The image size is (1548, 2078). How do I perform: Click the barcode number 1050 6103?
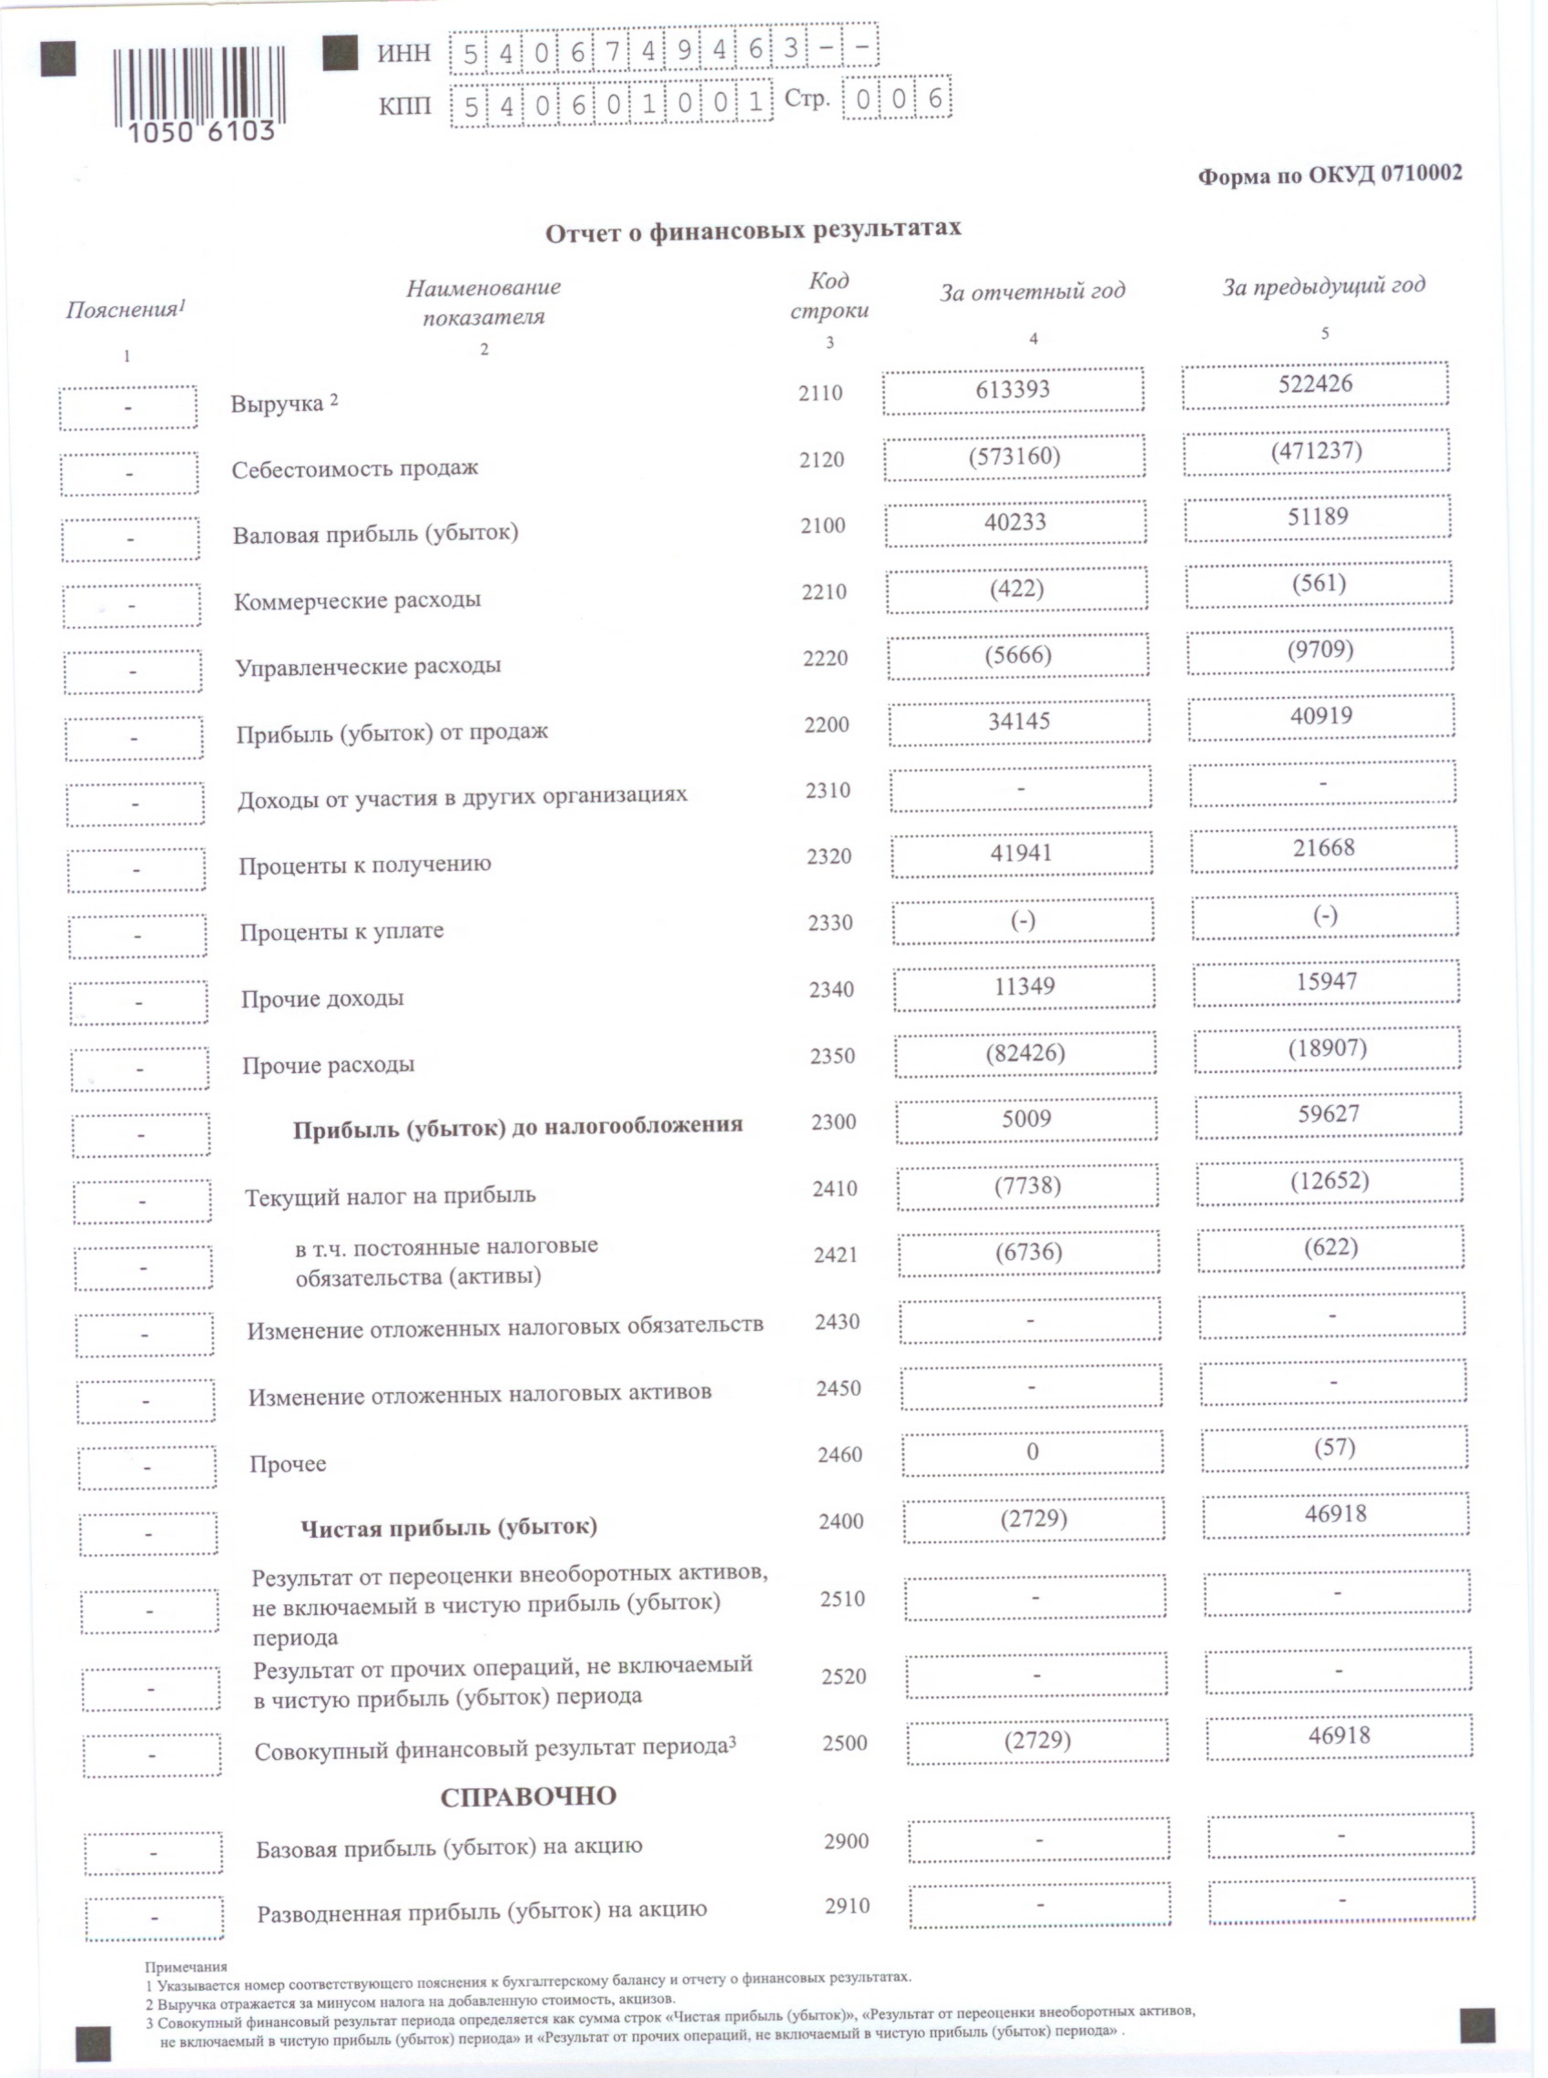(x=200, y=132)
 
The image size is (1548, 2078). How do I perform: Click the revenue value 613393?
(x=1012, y=390)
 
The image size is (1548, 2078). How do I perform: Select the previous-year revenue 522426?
(x=1315, y=384)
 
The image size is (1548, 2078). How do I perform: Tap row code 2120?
(x=820, y=460)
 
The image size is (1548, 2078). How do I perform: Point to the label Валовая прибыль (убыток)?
(x=375, y=534)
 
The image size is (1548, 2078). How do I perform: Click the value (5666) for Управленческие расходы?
(x=1019, y=655)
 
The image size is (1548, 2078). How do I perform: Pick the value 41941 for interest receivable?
(x=1021, y=854)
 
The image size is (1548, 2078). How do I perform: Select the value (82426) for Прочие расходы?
(x=1025, y=1053)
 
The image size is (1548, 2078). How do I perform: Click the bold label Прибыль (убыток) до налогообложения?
(x=517, y=1127)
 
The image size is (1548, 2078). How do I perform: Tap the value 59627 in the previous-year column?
(x=1328, y=1114)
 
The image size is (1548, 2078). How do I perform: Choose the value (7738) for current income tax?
(x=1027, y=1187)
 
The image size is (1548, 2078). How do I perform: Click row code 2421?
(x=835, y=1255)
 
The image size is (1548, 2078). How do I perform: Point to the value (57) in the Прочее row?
(x=1333, y=1448)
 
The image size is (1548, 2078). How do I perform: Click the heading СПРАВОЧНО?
(x=528, y=1796)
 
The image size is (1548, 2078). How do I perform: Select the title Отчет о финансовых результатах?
(x=752, y=230)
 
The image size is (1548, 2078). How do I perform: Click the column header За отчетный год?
(x=1032, y=292)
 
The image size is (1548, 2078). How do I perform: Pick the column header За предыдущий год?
(x=1323, y=286)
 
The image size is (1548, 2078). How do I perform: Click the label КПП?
(x=405, y=106)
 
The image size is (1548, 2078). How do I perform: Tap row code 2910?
(x=847, y=1907)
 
